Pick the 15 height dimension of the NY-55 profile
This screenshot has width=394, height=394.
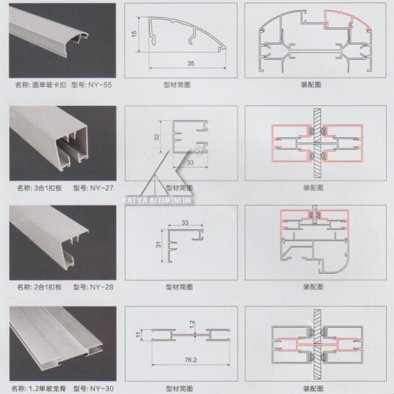(x=133, y=33)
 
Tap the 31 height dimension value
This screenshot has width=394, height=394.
(x=158, y=245)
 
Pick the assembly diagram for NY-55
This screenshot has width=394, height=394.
(x=315, y=40)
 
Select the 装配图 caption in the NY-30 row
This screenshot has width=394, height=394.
(x=314, y=388)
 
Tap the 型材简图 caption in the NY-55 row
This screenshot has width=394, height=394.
(x=178, y=85)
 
